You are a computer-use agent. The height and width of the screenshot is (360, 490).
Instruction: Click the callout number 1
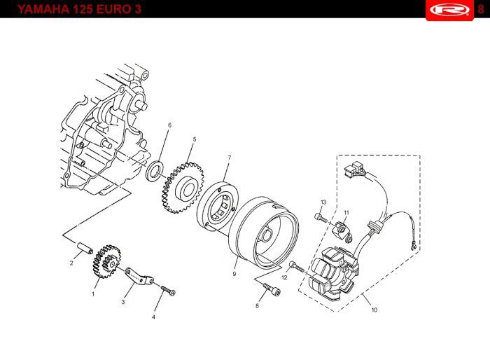(x=92, y=294)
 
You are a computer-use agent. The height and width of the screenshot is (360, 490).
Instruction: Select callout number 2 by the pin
(x=71, y=263)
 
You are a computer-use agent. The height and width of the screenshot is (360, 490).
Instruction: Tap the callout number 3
(x=122, y=302)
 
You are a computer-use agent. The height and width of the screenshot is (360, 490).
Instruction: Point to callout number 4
(x=154, y=317)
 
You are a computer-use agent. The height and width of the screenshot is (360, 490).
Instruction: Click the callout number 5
(x=194, y=139)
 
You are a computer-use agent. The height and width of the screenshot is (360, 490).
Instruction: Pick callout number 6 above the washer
(x=169, y=125)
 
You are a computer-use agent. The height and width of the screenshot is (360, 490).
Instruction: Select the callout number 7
(x=228, y=158)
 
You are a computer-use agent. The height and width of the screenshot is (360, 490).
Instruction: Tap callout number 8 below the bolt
(x=257, y=305)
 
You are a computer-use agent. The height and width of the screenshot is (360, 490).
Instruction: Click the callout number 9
(x=234, y=274)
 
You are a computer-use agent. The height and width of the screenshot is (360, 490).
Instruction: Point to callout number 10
(x=374, y=310)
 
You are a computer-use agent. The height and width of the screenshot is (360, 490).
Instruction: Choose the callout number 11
(x=346, y=212)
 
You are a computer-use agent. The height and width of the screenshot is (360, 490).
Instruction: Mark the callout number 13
(x=323, y=202)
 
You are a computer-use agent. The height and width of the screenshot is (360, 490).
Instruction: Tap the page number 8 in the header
(x=480, y=9)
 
